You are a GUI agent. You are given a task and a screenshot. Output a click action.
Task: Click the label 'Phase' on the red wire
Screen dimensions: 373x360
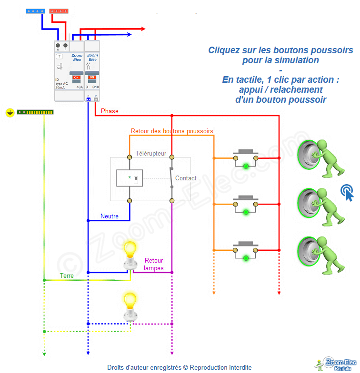110,111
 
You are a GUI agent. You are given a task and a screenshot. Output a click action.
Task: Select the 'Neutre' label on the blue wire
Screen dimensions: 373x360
110,216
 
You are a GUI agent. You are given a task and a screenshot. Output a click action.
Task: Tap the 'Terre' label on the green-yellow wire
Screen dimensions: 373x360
67,275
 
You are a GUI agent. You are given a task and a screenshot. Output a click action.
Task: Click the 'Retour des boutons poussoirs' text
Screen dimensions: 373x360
172,131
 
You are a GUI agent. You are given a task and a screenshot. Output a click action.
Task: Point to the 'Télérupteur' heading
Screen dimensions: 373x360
151,154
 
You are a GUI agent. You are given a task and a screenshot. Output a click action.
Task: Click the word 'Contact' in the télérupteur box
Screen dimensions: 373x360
186,178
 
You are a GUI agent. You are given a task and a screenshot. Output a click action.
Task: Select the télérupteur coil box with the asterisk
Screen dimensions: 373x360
130,178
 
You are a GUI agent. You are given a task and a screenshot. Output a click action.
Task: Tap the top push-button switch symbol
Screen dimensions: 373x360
246,157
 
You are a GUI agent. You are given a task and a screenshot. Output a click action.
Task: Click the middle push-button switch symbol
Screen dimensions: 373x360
246,203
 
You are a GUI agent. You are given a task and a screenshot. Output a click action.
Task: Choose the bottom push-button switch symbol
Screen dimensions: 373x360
246,249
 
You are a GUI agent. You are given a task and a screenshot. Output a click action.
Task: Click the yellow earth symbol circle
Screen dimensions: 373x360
10,113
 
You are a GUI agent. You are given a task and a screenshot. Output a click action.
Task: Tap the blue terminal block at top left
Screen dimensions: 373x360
36,10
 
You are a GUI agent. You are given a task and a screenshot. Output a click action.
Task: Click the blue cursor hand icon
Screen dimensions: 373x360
347,192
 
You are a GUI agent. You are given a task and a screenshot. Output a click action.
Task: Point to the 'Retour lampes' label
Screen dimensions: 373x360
154,264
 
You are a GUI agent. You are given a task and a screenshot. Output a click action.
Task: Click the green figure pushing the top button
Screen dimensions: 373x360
326,157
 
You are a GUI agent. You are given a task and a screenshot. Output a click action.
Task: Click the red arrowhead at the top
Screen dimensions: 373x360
144,28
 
